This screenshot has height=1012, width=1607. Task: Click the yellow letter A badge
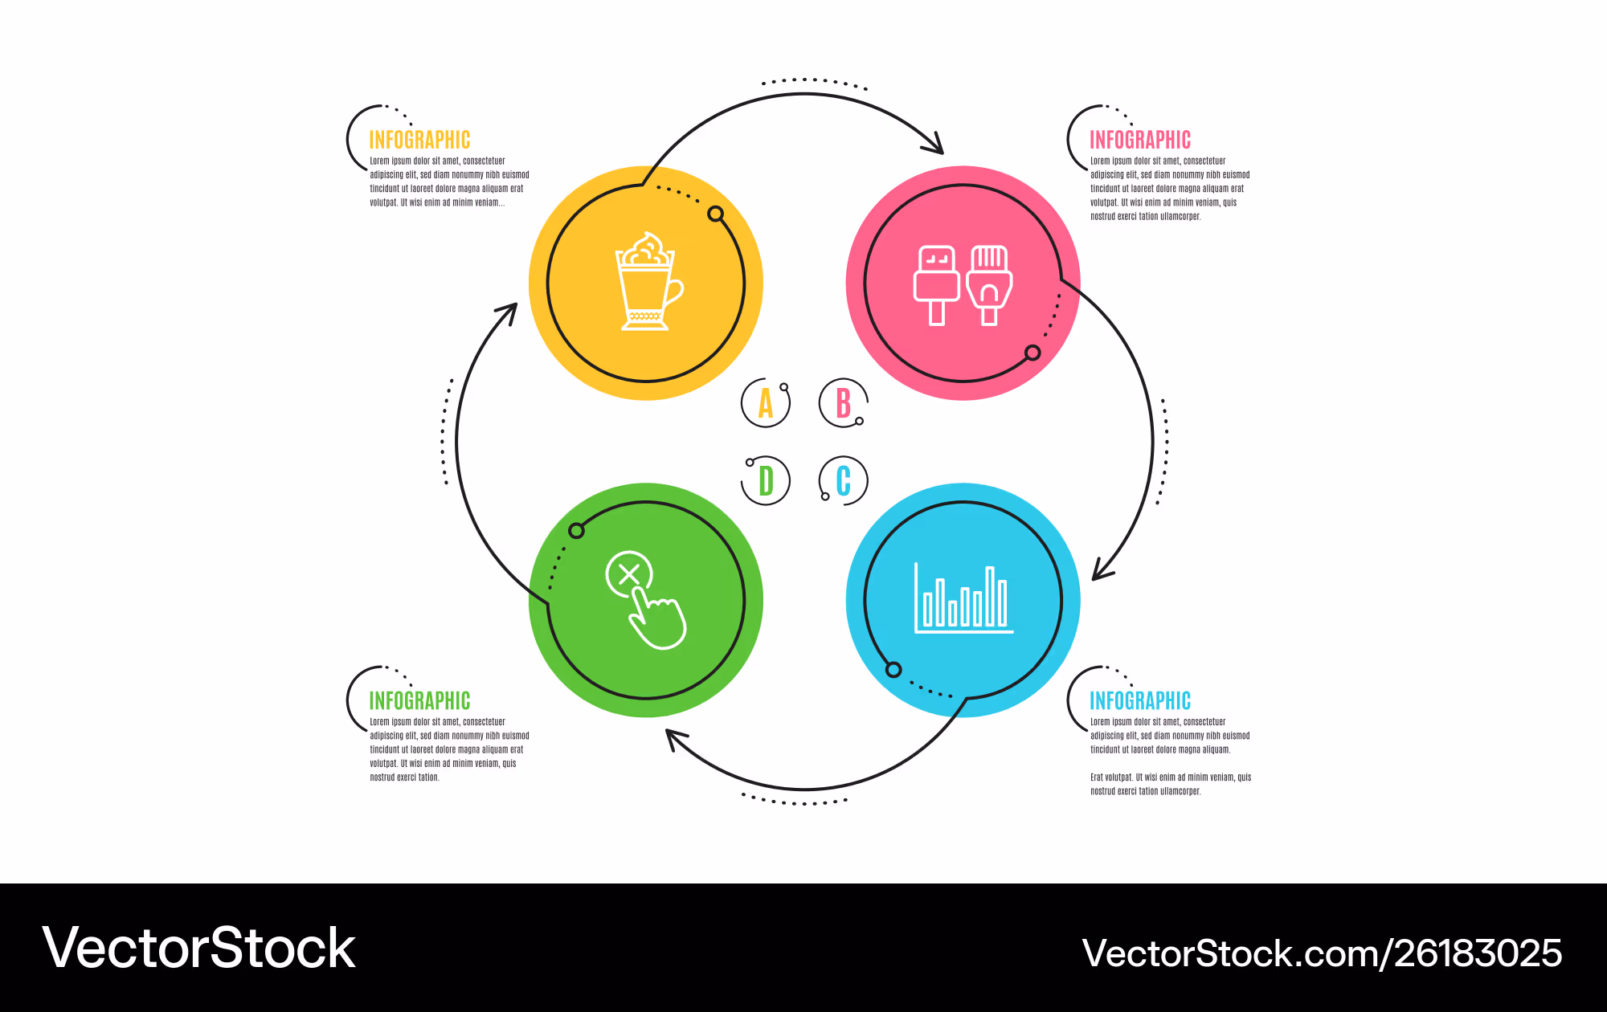766,403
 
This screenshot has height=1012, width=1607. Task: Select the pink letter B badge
843,403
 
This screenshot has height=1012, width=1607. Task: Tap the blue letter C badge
843,480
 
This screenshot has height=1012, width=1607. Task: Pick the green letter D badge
766,480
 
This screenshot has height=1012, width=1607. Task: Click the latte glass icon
648,281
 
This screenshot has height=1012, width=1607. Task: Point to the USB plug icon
937,285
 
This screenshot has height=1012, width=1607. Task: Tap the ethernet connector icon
989,285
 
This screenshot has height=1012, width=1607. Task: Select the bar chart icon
963,598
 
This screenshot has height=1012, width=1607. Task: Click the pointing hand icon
657,617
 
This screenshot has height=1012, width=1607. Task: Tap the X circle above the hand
629,574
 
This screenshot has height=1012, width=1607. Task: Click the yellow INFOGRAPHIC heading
419,140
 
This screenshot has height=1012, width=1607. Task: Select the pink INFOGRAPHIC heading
1140,140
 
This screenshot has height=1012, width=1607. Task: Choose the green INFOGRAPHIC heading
419,700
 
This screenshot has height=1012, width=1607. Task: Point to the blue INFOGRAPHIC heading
1140,700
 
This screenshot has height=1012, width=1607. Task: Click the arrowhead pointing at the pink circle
934,144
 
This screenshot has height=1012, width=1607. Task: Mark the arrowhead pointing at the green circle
677,739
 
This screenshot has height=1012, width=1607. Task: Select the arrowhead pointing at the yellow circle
508,312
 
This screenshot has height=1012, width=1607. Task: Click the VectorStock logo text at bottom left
198,948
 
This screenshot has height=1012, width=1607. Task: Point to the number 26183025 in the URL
1478,953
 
